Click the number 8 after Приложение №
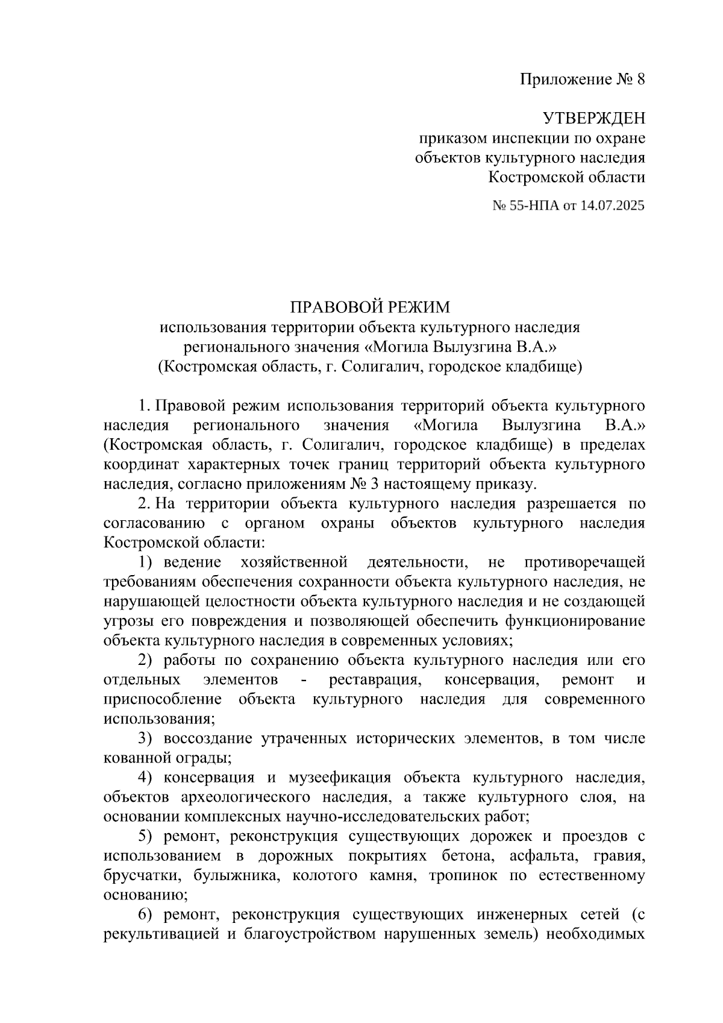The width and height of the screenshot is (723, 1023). click(x=640, y=80)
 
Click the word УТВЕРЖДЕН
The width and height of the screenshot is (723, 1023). click(x=593, y=117)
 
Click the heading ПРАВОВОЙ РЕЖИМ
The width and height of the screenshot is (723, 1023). click(x=370, y=308)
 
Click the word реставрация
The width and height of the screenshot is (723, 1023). click(x=374, y=680)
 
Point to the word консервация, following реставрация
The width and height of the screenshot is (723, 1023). click(x=490, y=680)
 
